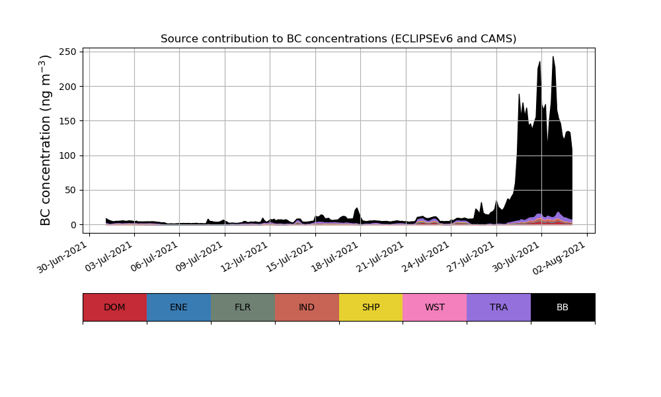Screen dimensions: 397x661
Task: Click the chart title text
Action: (x=338, y=39)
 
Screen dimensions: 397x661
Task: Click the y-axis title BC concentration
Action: (x=46, y=140)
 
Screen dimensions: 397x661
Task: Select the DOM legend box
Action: (x=114, y=307)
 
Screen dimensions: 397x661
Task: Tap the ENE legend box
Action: (x=178, y=307)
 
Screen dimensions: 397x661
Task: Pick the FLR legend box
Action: (x=243, y=307)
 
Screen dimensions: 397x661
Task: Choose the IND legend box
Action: (x=307, y=307)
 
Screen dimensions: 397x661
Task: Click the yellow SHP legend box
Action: (x=371, y=307)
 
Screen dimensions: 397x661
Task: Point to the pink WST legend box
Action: (x=435, y=307)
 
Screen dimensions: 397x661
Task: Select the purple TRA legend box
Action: (x=499, y=307)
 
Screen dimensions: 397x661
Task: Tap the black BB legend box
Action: (x=563, y=307)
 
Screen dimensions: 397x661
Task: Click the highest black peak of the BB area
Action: (x=553, y=57)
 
